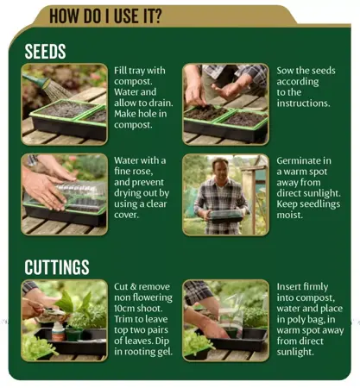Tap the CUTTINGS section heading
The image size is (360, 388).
tap(57, 266)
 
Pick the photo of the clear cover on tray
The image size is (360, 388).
tap(65, 195)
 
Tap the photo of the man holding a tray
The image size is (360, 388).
tap(225, 195)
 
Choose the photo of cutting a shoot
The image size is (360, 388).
tap(65, 320)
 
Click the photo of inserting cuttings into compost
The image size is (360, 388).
tap(225, 320)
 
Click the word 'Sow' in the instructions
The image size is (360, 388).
tap(286, 70)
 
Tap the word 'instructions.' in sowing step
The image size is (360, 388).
tap(304, 103)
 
